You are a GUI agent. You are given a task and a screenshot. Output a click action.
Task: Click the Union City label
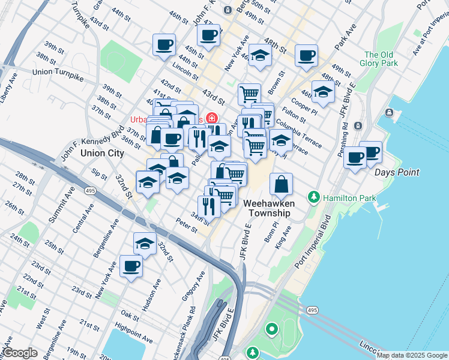coord(102,153)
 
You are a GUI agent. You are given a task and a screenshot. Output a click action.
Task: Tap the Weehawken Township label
coord(267,208)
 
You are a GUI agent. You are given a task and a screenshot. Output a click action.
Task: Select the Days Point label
coord(396,172)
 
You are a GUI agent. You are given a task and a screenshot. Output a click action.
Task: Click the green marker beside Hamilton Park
coord(313,197)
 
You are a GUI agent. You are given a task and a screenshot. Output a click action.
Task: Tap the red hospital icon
coord(211,118)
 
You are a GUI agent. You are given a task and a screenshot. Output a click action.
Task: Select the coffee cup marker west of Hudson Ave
coord(131,266)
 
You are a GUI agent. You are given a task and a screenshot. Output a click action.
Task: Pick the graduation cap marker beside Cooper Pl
coord(323,93)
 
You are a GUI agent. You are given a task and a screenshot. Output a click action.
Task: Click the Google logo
coord(21,353)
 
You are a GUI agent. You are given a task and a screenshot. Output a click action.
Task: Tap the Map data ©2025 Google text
coord(411,355)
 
